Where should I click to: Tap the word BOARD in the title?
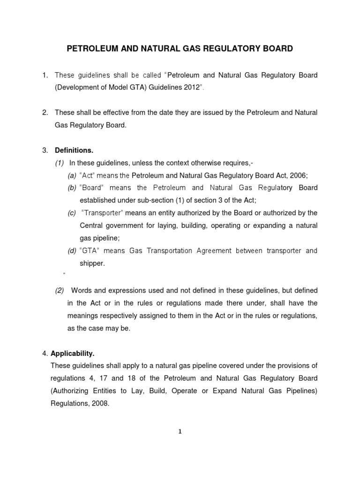tap(274, 48)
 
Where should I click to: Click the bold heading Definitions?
tap(74, 150)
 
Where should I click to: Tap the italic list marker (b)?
tap(72, 188)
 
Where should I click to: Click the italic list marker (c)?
tap(72, 213)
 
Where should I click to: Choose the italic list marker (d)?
tap(72, 251)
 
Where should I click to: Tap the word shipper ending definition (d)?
tap(92, 263)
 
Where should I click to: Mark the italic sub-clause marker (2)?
tap(60, 291)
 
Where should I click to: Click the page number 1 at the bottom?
tap(180, 432)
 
